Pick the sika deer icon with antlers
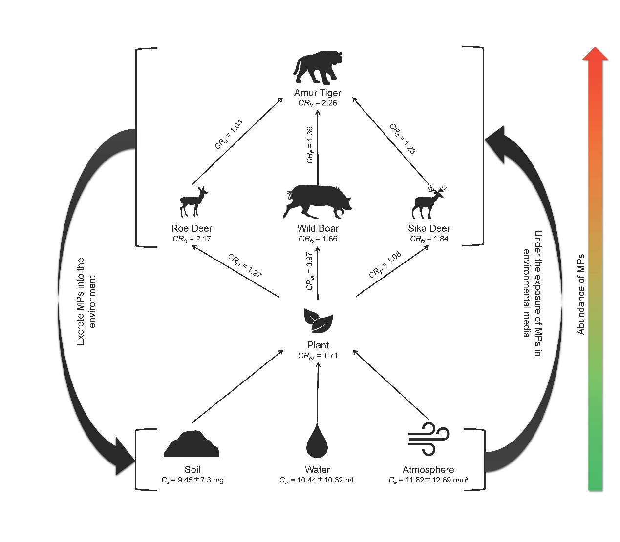(428, 202)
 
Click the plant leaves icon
(318, 320)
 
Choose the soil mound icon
(191, 444)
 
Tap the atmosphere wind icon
(428, 439)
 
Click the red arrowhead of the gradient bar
(595, 54)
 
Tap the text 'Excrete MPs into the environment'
(86, 301)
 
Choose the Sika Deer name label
(429, 228)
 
